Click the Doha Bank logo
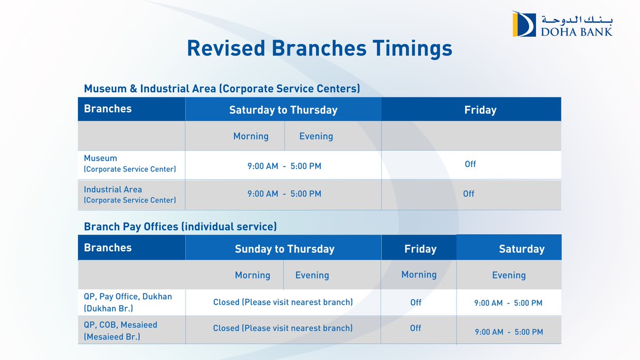click(562, 24)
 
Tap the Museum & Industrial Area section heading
click(222, 89)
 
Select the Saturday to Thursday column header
click(283, 110)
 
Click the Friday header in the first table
click(480, 110)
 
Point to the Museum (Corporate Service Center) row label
click(130, 164)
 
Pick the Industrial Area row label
click(130, 195)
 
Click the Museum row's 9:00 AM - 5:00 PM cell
click(284, 166)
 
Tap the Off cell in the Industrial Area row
click(468, 194)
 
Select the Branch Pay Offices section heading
click(180, 227)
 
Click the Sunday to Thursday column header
click(284, 249)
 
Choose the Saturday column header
click(521, 249)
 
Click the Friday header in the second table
click(420, 249)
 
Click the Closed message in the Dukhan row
click(283, 302)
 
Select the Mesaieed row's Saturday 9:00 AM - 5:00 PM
click(509, 332)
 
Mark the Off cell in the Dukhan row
click(415, 302)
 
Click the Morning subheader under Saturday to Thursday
click(251, 136)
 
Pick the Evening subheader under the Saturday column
click(508, 275)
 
